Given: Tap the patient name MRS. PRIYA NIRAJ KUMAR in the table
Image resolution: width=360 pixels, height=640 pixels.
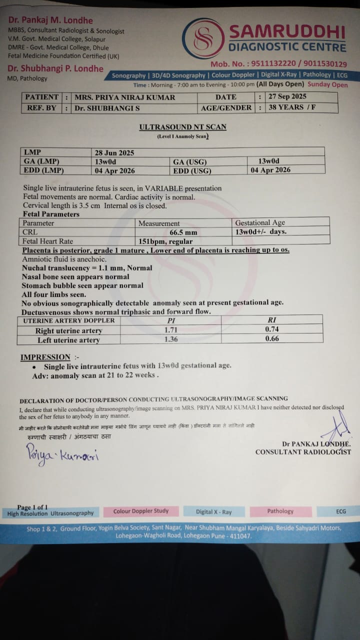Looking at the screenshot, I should pyautogui.click(x=125, y=97).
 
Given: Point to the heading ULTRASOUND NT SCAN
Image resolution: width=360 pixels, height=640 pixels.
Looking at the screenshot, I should pyautogui.click(x=182, y=127).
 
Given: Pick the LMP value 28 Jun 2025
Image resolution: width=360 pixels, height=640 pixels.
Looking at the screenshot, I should pyautogui.click(x=114, y=152).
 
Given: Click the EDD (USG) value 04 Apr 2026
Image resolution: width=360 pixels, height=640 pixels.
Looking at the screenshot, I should pyautogui.click(x=270, y=170).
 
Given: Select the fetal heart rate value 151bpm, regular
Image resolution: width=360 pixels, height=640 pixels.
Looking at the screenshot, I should pyautogui.click(x=165, y=241).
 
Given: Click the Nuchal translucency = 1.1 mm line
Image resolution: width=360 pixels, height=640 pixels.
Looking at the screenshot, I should pyautogui.click(x=87, y=268).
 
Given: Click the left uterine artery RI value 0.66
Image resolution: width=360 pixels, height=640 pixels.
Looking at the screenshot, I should pyautogui.click(x=272, y=338).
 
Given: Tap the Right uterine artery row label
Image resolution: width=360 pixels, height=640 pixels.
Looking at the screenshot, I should pyautogui.click(x=68, y=330).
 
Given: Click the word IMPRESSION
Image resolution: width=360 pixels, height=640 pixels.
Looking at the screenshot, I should pyautogui.click(x=45, y=357).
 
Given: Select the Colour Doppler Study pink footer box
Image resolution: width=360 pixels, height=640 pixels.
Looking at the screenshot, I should pyautogui.click(x=141, y=511).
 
